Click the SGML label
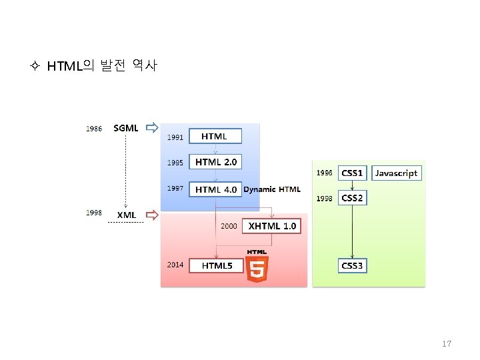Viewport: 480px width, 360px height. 126,128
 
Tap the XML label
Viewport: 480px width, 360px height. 127,215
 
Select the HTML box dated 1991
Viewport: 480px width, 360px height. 214,136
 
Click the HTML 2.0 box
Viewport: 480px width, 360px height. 215,162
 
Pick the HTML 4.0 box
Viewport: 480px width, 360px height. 215,189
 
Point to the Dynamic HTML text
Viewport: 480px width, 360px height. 272,189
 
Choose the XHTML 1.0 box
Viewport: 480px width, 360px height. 271,226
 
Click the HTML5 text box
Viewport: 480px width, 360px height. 217,265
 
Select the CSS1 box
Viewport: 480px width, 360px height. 352,173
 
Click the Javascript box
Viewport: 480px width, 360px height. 396,173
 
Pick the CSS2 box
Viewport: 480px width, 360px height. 352,198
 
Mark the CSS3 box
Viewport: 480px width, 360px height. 352,265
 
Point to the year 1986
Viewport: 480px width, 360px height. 94,129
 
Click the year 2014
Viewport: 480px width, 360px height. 175,265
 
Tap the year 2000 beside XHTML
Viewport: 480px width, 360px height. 229,226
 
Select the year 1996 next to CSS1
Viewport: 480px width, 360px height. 324,173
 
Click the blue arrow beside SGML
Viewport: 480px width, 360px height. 153,127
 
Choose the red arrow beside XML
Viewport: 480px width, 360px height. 153,215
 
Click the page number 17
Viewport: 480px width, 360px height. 447,344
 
